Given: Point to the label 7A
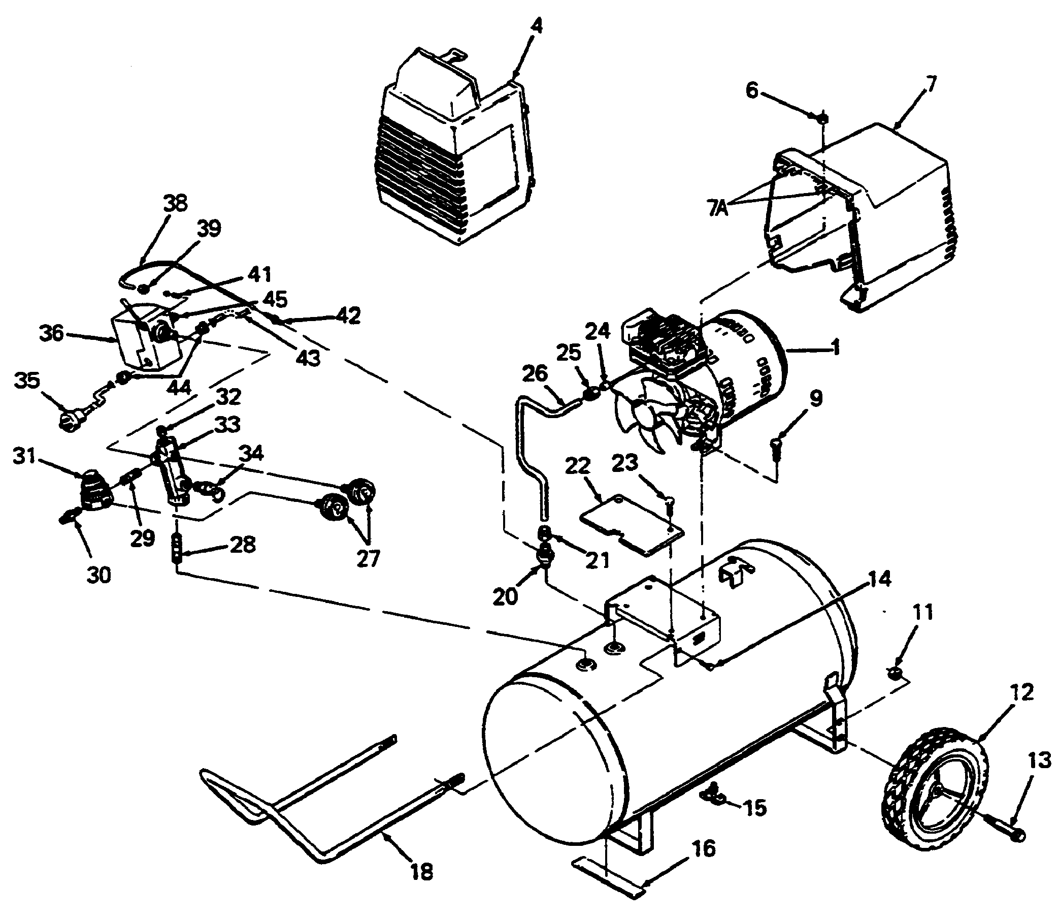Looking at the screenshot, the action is [719, 209].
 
